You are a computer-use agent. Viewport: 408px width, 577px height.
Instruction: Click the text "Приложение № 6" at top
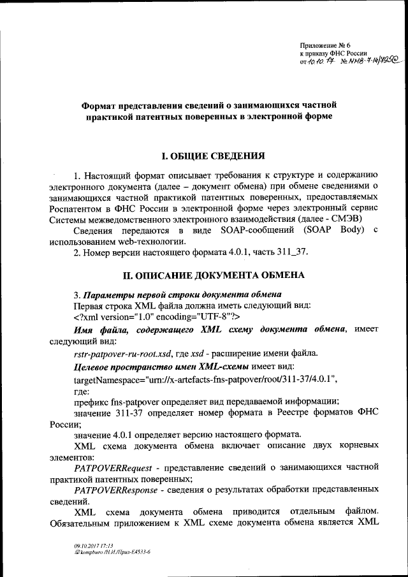point(326,45)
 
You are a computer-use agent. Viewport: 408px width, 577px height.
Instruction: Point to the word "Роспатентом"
point(76,208)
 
